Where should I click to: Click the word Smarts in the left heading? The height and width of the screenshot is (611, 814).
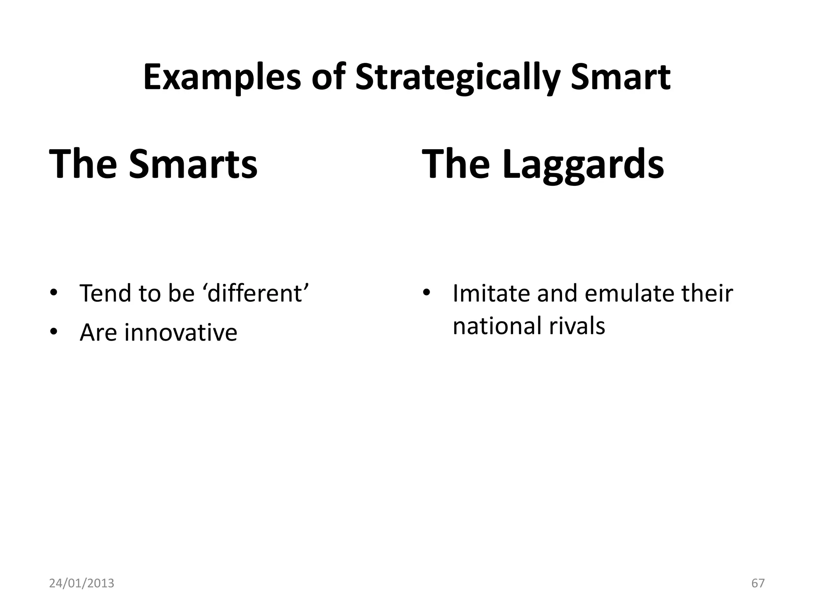click(193, 163)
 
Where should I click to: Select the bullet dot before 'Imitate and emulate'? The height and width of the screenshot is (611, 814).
click(426, 294)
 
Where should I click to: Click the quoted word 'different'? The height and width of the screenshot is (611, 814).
click(258, 294)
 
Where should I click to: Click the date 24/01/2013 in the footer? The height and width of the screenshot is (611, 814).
click(81, 583)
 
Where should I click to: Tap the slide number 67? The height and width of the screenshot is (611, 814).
click(758, 583)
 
